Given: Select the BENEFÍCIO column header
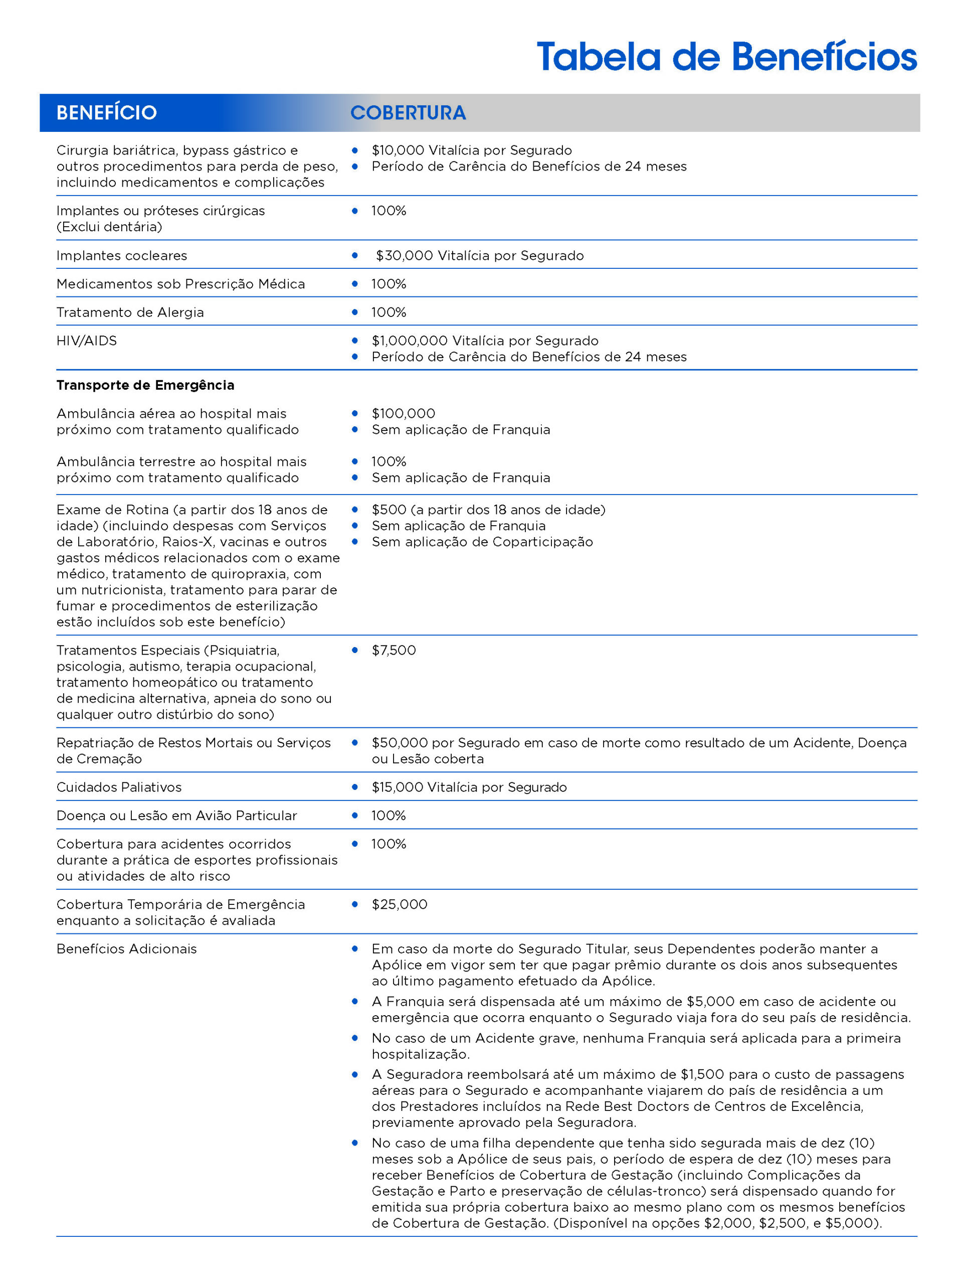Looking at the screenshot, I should point(106,113).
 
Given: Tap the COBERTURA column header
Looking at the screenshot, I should point(408,113).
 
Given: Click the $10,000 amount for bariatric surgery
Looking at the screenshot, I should point(397,150).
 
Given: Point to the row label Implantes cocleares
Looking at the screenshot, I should point(121,255).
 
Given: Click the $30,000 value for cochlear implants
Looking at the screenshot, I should point(404,255).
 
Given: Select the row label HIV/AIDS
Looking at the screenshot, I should point(86,341).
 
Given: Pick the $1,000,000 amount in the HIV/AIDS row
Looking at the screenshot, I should point(409,341).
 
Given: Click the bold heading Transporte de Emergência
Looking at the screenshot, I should point(145,385).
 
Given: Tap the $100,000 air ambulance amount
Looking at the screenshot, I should point(404,413).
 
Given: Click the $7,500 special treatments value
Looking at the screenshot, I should point(394,650).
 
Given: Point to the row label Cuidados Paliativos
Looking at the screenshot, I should point(119,787).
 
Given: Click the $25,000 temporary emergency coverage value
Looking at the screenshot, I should point(399,904).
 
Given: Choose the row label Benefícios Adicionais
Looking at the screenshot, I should point(126,949).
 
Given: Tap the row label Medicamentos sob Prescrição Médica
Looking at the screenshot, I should point(180,284).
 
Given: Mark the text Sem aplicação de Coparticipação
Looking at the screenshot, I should point(482,542).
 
